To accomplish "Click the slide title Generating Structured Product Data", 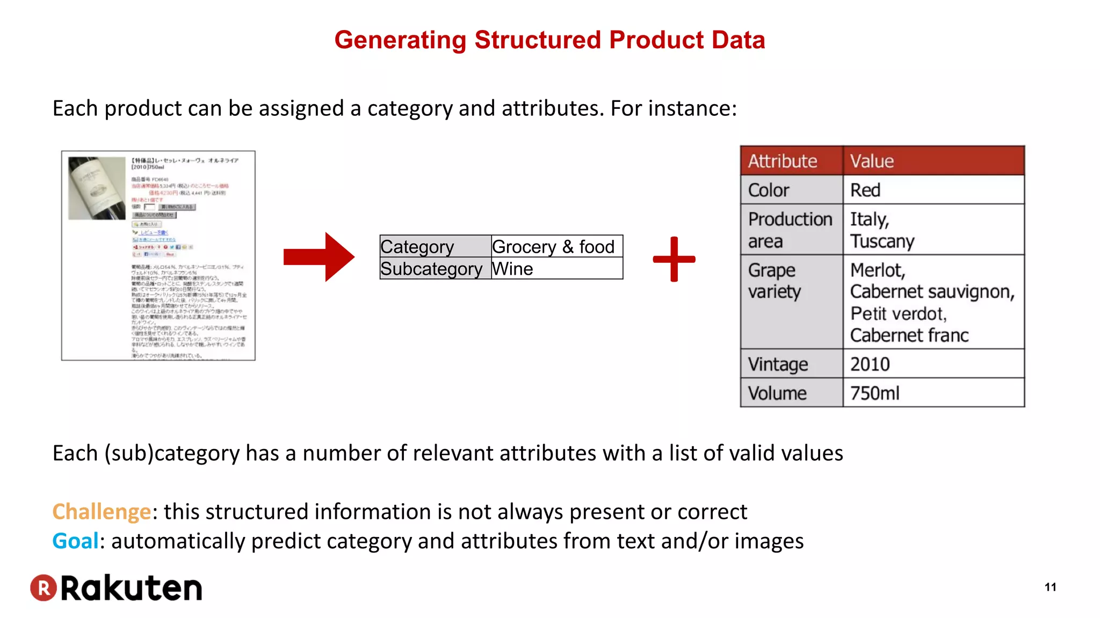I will click(x=549, y=40).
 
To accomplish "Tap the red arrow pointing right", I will click(x=319, y=257).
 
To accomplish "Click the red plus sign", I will click(x=674, y=259).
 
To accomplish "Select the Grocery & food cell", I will click(x=556, y=247).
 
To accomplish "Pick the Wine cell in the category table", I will click(x=556, y=269).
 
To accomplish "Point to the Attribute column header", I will click(x=791, y=161).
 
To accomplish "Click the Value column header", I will click(x=933, y=161).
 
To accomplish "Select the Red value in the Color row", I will click(x=933, y=190).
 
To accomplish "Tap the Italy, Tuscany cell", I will click(x=933, y=230).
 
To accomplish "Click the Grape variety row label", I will click(x=791, y=281).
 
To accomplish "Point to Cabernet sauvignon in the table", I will click(x=932, y=292).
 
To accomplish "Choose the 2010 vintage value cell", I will click(x=933, y=364).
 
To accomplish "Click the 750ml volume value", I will click(x=933, y=393).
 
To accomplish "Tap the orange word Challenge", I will click(x=102, y=512).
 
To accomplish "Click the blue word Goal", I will click(x=75, y=541).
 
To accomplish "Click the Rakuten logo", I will click(x=116, y=588).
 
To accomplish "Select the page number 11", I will click(x=1050, y=587).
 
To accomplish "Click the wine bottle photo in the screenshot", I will click(x=97, y=188).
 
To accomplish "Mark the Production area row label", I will click(x=791, y=230).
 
